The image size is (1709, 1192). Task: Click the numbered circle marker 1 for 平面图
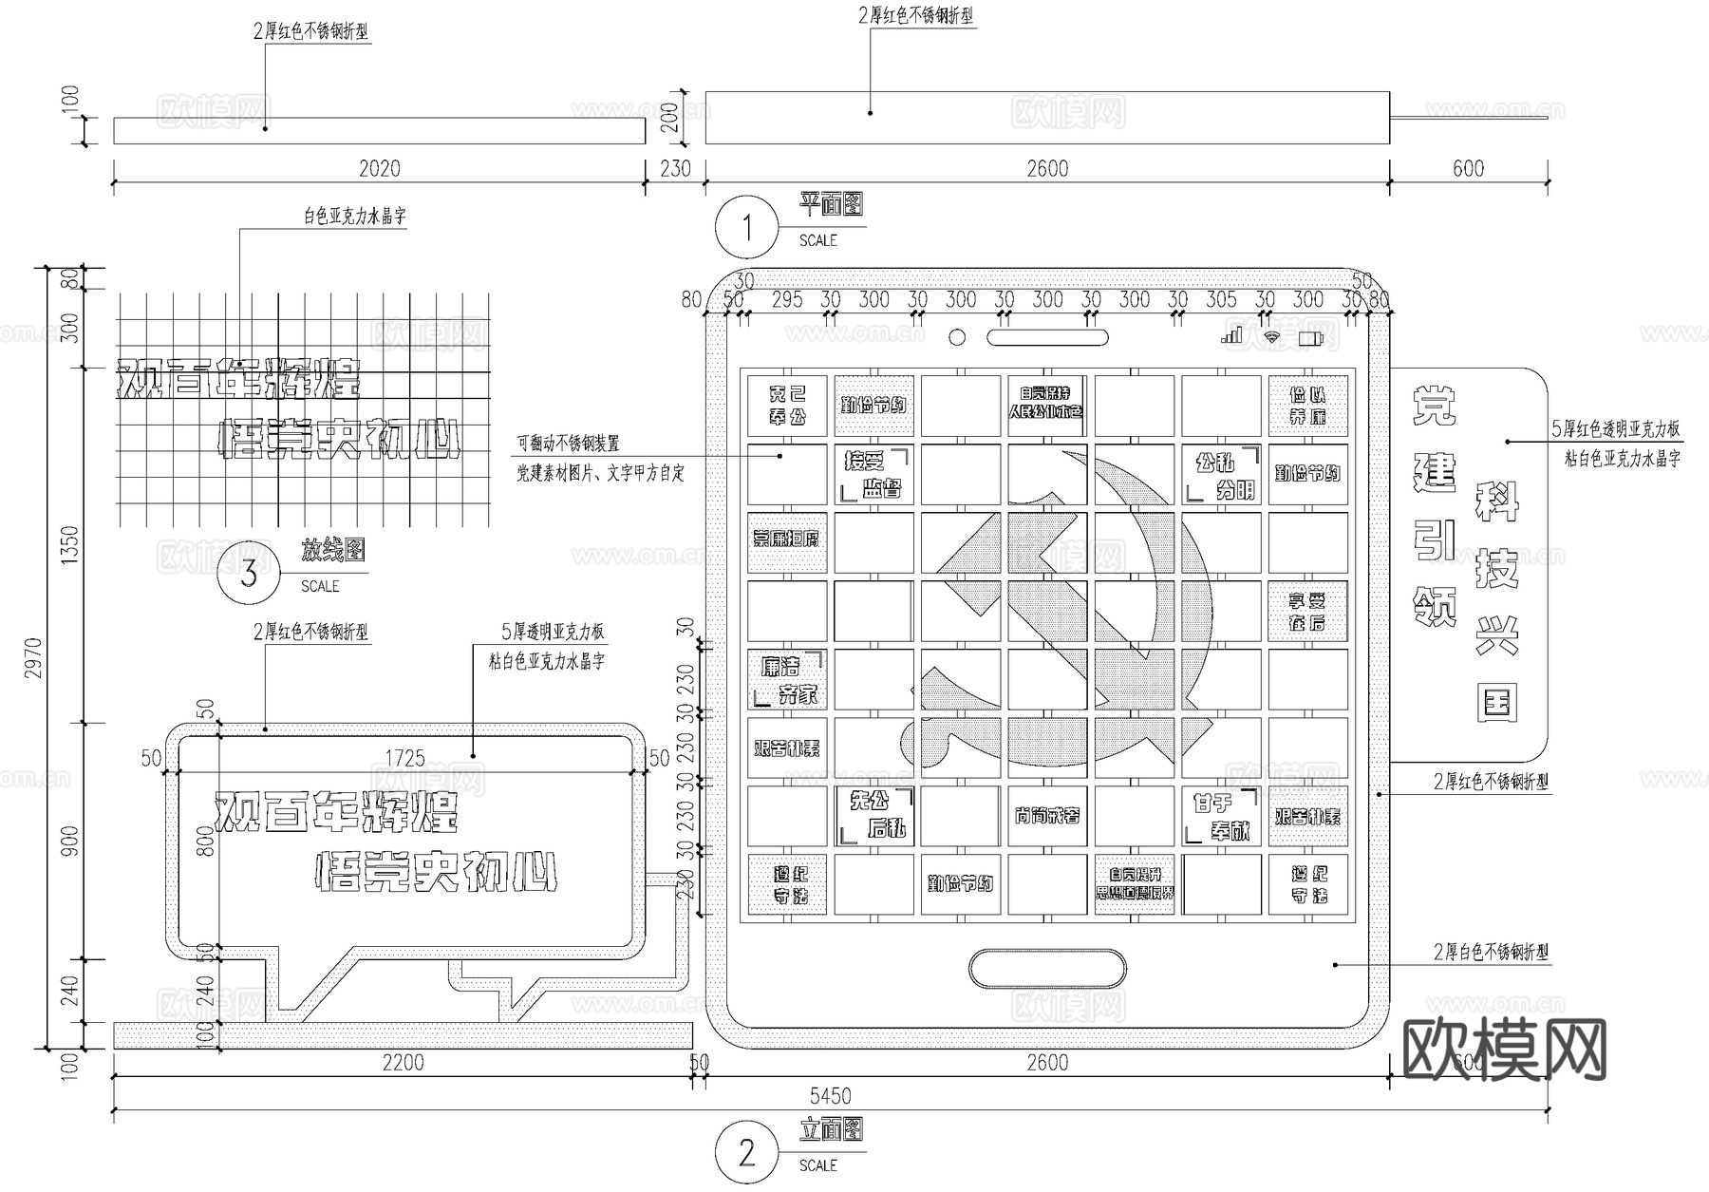pos(746,227)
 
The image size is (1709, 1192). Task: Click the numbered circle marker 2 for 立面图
pos(746,1153)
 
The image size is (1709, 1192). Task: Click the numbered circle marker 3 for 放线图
pos(248,574)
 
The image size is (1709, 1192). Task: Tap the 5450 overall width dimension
pos(830,1096)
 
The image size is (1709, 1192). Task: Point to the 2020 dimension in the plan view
pos(379,168)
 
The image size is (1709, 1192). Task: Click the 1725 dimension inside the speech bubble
pos(404,758)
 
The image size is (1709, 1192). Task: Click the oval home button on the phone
pos(1047,969)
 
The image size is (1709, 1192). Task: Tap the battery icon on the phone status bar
pos(1310,337)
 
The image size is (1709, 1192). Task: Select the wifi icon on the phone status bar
pos(1272,336)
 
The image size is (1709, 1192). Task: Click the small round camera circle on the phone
pos(957,337)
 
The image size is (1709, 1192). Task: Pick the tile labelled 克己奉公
pos(787,406)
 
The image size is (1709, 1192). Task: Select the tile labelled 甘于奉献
pos(1221,816)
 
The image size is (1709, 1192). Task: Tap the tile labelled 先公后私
pos(874,815)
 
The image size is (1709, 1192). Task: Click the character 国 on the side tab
pos(1496,704)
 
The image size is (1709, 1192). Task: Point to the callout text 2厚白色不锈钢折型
pos(1491,952)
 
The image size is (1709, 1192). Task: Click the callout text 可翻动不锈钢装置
pos(568,444)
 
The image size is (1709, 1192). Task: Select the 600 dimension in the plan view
pos(1468,168)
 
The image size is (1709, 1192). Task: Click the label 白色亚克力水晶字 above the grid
pos(354,217)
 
